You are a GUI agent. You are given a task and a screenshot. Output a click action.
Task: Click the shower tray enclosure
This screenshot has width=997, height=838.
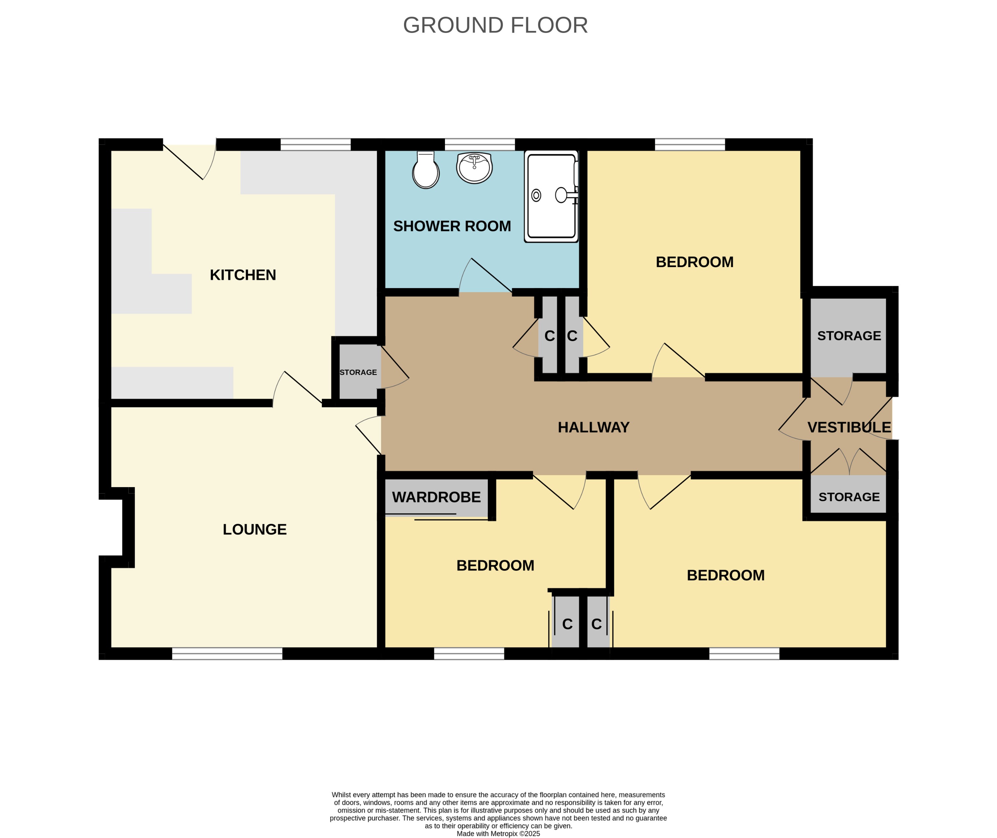click(551, 196)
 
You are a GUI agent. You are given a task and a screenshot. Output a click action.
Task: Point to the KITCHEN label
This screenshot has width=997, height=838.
click(243, 275)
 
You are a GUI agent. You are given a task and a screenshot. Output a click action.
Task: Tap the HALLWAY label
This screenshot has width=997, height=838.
click(593, 428)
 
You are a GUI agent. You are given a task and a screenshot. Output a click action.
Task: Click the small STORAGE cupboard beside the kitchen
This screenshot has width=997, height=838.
click(358, 372)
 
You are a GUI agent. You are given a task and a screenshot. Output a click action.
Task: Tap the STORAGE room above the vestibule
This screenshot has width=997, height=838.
click(849, 336)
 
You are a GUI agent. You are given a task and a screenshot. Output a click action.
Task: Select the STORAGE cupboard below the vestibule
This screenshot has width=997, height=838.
click(849, 497)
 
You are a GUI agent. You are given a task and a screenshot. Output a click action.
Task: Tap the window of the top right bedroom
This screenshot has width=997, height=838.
click(690, 144)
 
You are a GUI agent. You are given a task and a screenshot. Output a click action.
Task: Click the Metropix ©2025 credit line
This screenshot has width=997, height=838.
click(498, 833)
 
